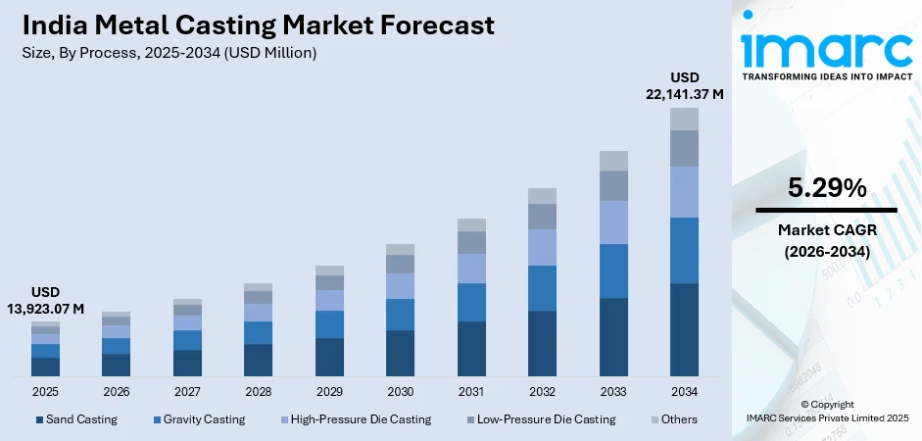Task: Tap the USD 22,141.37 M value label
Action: [x=684, y=85]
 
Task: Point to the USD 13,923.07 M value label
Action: [x=45, y=301]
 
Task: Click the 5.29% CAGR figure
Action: [x=826, y=188]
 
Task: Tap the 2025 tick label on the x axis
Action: [x=45, y=391]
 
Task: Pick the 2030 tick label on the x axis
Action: [x=400, y=391]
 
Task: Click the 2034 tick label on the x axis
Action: [x=684, y=391]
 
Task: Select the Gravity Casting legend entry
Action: [x=199, y=419]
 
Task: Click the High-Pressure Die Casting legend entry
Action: [x=356, y=419]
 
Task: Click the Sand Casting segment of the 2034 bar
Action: [x=684, y=329]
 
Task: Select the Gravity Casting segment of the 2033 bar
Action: [x=613, y=270]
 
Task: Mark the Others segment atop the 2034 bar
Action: [x=684, y=119]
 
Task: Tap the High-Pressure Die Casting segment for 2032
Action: [x=542, y=247]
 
